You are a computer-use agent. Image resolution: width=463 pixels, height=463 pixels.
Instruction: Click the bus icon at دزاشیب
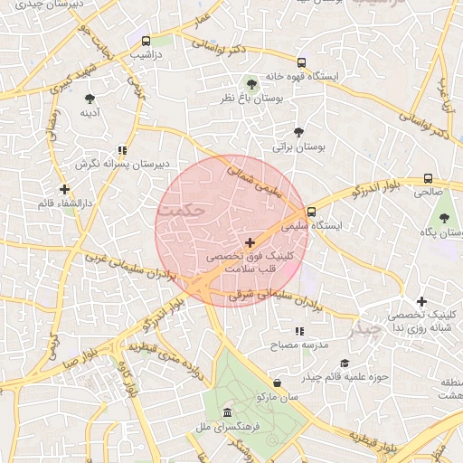pyautogui.click(x=146, y=41)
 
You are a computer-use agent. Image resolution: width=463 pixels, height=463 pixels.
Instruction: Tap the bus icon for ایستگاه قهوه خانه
pyautogui.click(x=301, y=63)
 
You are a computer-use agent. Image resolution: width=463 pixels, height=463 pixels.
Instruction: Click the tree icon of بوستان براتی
pyautogui.click(x=298, y=131)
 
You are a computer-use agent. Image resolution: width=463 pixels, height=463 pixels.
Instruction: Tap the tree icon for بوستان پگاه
pyautogui.click(x=443, y=218)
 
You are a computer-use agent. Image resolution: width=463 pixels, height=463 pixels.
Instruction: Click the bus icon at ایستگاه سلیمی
pyautogui.click(x=311, y=212)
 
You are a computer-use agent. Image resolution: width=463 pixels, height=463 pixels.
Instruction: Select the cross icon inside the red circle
pyautogui.click(x=250, y=242)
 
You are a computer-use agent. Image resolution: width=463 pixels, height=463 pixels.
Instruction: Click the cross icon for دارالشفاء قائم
pyautogui.click(x=63, y=189)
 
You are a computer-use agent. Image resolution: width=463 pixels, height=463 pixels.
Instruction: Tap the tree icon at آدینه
pyautogui.click(x=90, y=99)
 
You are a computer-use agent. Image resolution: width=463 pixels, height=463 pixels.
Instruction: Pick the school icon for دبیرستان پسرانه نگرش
pyautogui.click(x=122, y=150)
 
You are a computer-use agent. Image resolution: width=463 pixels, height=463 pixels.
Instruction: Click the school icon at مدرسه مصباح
pyautogui.click(x=299, y=332)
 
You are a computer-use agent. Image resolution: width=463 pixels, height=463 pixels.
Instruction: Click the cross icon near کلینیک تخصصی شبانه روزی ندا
pyautogui.click(x=421, y=301)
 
